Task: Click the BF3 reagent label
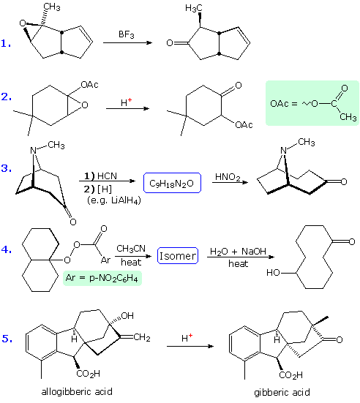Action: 128,34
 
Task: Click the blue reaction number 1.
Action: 5,44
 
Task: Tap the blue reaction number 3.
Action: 5,169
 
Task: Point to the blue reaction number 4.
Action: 5,249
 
